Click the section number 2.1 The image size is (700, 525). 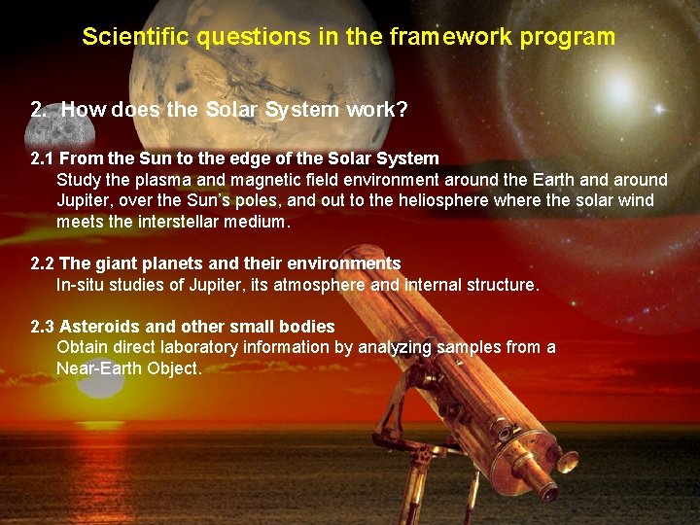[43, 157]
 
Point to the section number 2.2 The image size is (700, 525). [43, 263]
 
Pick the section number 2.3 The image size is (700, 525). [43, 327]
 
